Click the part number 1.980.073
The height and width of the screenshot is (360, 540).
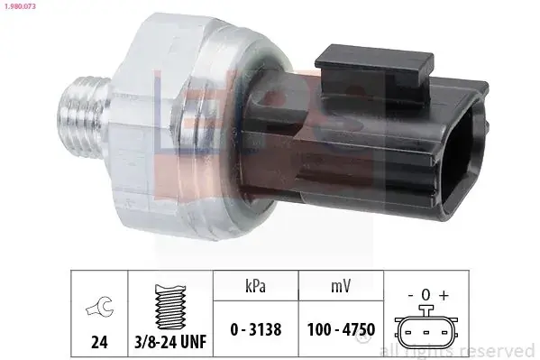(20, 6)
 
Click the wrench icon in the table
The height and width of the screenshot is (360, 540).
(99, 306)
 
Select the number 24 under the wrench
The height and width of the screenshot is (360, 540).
(99, 342)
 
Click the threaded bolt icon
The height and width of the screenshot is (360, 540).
(170, 306)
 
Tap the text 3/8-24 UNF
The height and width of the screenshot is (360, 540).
(170, 342)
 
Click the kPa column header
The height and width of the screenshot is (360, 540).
(255, 286)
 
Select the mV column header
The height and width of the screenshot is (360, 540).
(341, 286)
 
